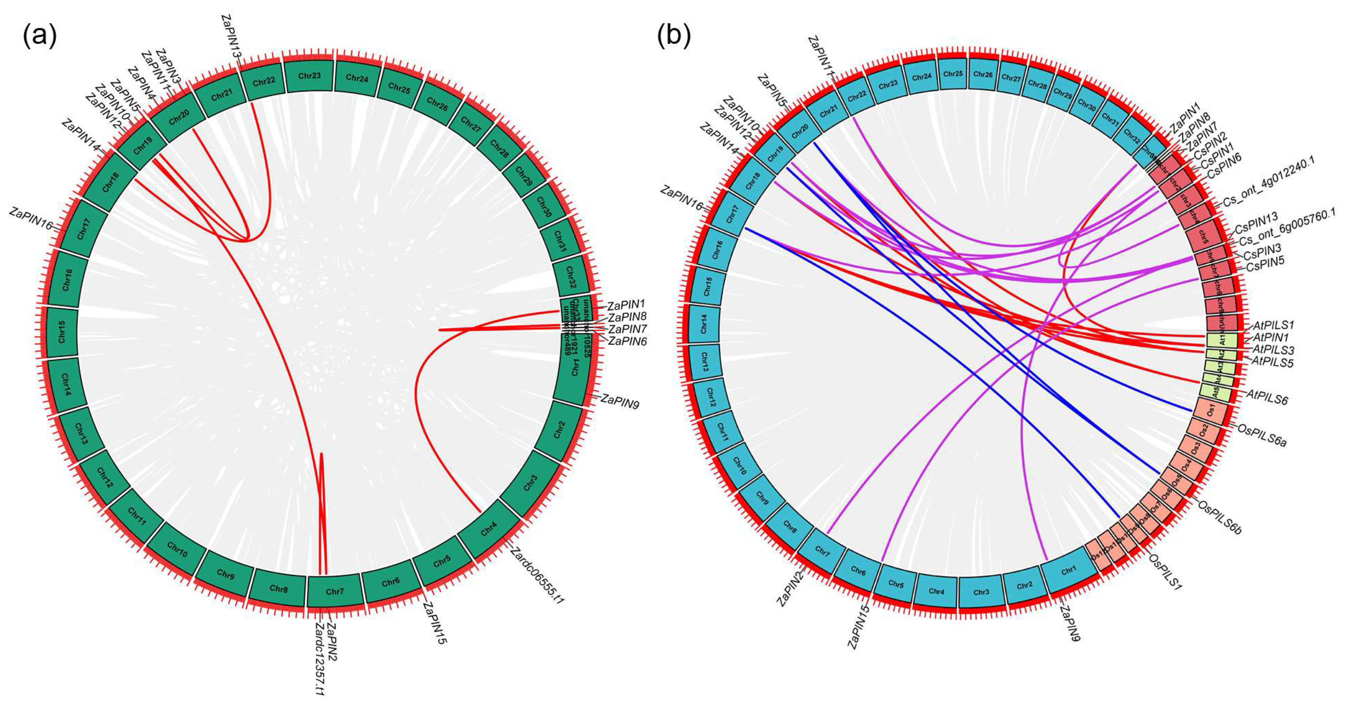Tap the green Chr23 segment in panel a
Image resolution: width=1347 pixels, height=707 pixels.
tap(309, 76)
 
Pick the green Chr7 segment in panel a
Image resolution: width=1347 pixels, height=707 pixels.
tap(335, 592)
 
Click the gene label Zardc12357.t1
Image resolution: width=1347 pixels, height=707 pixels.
tap(320, 658)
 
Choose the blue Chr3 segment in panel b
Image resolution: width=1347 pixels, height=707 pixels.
tap(981, 592)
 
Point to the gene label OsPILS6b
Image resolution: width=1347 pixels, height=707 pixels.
tap(1219, 517)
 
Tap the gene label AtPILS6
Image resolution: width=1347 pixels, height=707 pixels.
tap(1267, 397)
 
